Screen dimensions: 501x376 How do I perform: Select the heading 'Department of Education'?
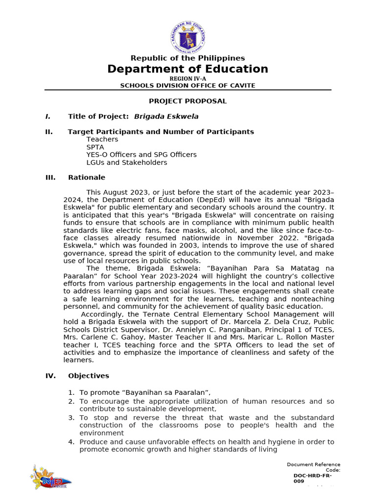pyautogui.click(x=188, y=69)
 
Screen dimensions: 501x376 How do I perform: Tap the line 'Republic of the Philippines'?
pyautogui.click(x=188, y=58)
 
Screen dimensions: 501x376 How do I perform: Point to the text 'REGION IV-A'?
pyautogui.click(x=188, y=78)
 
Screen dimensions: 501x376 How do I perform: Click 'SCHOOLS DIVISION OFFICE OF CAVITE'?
pyautogui.click(x=188, y=86)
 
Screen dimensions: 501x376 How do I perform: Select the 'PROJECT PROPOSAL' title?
pyautogui.click(x=188, y=101)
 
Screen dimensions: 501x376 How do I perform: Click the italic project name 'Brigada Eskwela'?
pyautogui.click(x=166, y=116)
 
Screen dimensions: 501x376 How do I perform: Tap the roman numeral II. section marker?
pyautogui.click(x=49, y=132)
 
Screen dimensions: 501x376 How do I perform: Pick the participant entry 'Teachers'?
pyautogui.click(x=102, y=139)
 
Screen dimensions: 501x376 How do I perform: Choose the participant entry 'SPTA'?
pyautogui.click(x=95, y=147)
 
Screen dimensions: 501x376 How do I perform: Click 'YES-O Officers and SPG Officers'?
pyautogui.click(x=141, y=155)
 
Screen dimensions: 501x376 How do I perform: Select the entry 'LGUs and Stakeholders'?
pyautogui.click(x=126, y=162)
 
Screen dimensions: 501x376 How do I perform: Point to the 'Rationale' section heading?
pyautogui.click(x=87, y=178)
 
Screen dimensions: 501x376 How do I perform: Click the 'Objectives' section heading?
pyautogui.click(x=89, y=376)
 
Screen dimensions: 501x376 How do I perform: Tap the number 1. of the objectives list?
pyautogui.click(x=71, y=392)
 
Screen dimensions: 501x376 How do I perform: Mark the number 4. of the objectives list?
pyautogui.click(x=71, y=442)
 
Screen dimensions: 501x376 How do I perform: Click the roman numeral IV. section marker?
pyautogui.click(x=50, y=376)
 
